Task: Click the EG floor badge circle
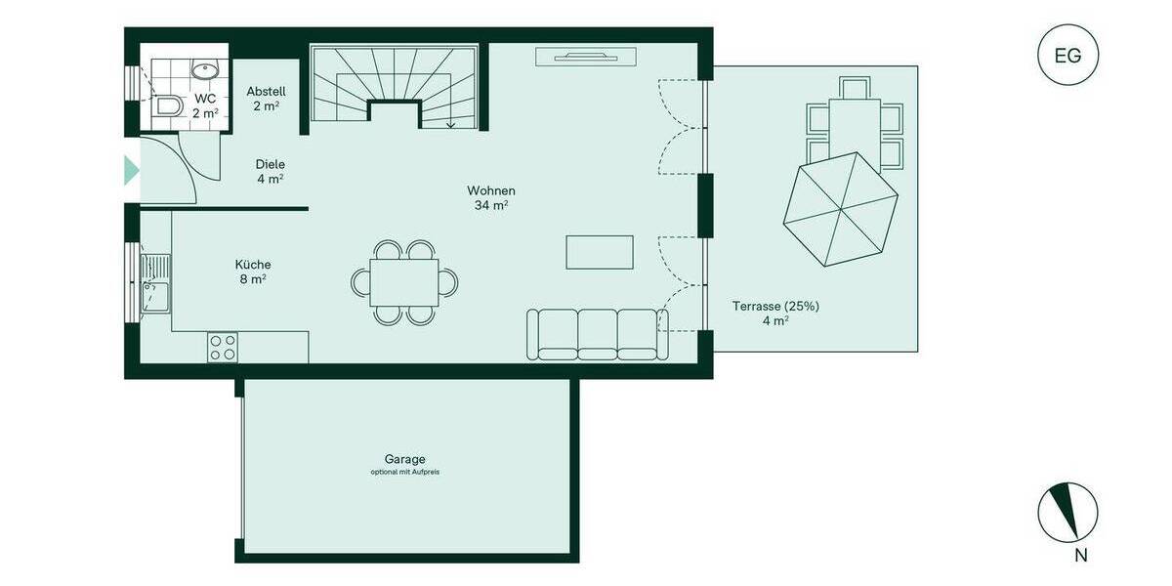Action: [1067, 55]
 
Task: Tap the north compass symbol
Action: [1067, 512]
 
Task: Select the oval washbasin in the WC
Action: [205, 70]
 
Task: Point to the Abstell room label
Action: [266, 98]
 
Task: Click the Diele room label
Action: [270, 171]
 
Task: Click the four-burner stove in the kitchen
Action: [223, 347]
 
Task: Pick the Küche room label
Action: [252, 271]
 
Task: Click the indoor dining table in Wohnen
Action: [404, 282]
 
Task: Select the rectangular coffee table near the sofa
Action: [600, 252]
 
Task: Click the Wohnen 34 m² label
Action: [491, 197]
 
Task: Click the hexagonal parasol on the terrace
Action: [840, 208]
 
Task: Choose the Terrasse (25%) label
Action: [775, 313]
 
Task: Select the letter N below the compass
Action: [1080, 556]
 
